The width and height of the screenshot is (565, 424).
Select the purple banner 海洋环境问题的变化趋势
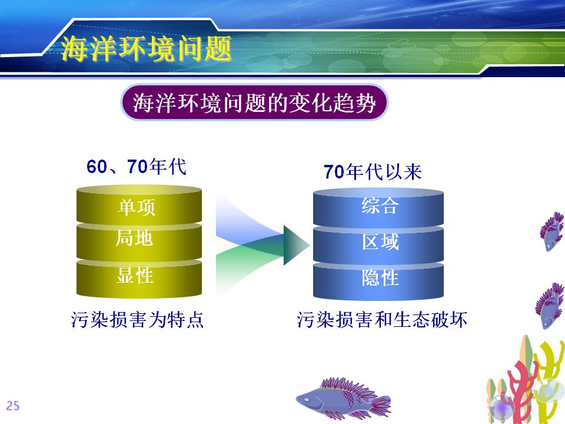pyautogui.click(x=254, y=102)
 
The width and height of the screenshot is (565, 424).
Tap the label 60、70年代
pyautogui.click(x=136, y=167)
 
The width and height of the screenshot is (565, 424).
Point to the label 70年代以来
pyautogui.click(x=373, y=171)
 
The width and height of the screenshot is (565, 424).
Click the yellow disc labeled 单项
pyautogui.click(x=139, y=205)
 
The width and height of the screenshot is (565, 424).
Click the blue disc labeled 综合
pyautogui.click(x=378, y=208)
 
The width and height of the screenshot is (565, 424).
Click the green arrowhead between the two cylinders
pyautogui.click(x=295, y=245)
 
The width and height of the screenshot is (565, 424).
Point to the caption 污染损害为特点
pyautogui.click(x=137, y=319)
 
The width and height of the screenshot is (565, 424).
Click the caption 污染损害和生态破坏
pyautogui.click(x=382, y=319)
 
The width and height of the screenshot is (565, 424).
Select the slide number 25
pyautogui.click(x=12, y=406)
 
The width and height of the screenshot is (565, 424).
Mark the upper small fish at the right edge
pyautogui.click(x=552, y=231)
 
